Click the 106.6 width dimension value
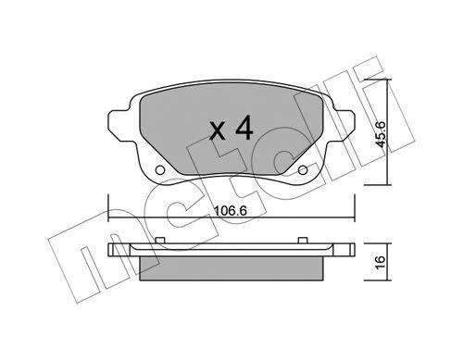[231, 211]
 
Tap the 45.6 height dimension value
[380, 134]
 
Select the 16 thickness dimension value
[380, 262]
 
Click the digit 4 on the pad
[244, 129]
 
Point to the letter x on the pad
[218, 131]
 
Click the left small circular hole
[160, 169]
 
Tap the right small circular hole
[303, 169]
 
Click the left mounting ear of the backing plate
[119, 126]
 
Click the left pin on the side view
[160, 241]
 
